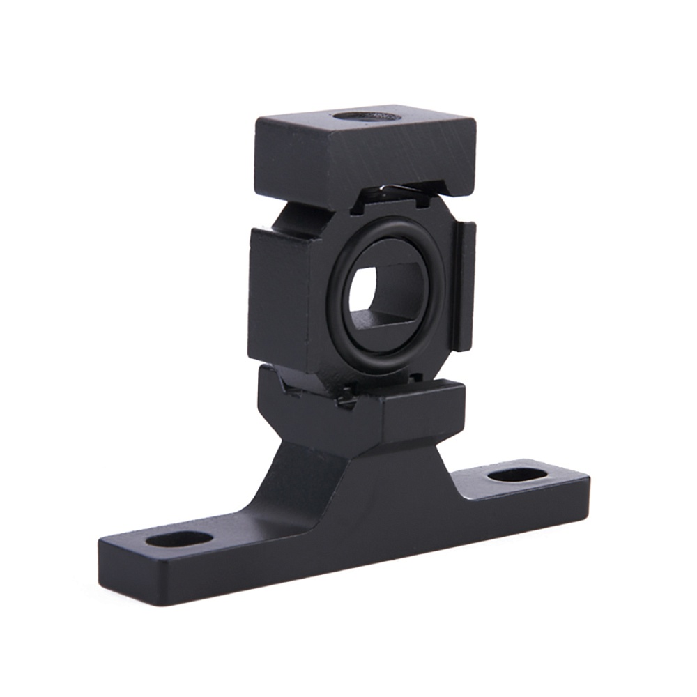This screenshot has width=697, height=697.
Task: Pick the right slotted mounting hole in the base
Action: pyautogui.click(x=517, y=475)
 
